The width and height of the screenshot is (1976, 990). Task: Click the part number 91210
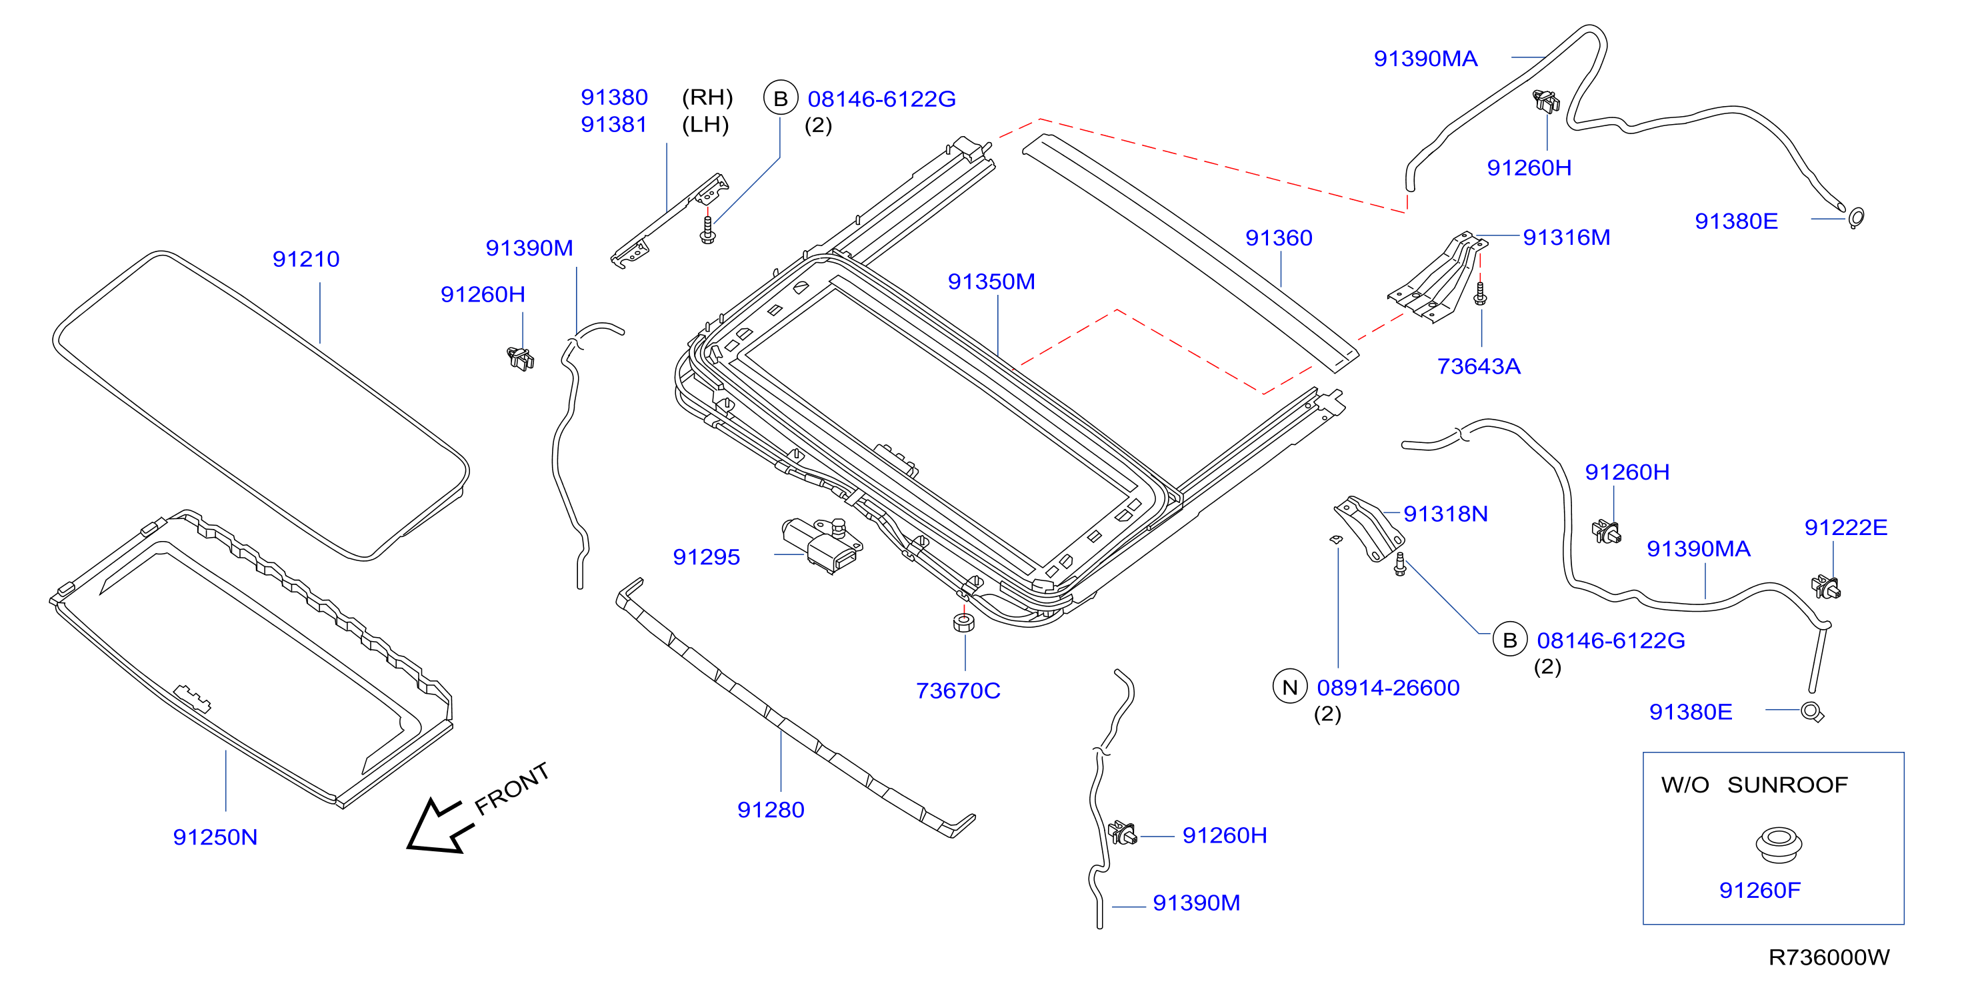click(x=305, y=260)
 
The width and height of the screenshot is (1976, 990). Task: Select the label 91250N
click(x=215, y=837)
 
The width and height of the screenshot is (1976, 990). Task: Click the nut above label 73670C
click(x=963, y=622)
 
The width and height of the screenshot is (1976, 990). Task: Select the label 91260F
click(x=1760, y=890)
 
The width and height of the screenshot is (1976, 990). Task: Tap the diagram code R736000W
click(x=1829, y=958)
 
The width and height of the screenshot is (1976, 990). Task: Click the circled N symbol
click(x=1289, y=687)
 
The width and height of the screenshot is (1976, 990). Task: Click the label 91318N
click(x=1445, y=514)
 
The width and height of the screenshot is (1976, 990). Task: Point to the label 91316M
click(x=1567, y=237)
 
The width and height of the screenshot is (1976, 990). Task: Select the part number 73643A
click(x=1478, y=366)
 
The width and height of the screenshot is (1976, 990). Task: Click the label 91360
click(x=1279, y=238)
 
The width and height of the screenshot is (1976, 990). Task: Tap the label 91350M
click(x=991, y=282)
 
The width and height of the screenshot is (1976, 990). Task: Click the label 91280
click(x=770, y=810)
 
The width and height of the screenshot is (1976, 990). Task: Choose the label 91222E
click(x=1845, y=527)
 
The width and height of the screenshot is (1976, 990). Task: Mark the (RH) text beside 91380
click(x=707, y=97)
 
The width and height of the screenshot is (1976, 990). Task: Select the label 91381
click(x=613, y=124)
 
